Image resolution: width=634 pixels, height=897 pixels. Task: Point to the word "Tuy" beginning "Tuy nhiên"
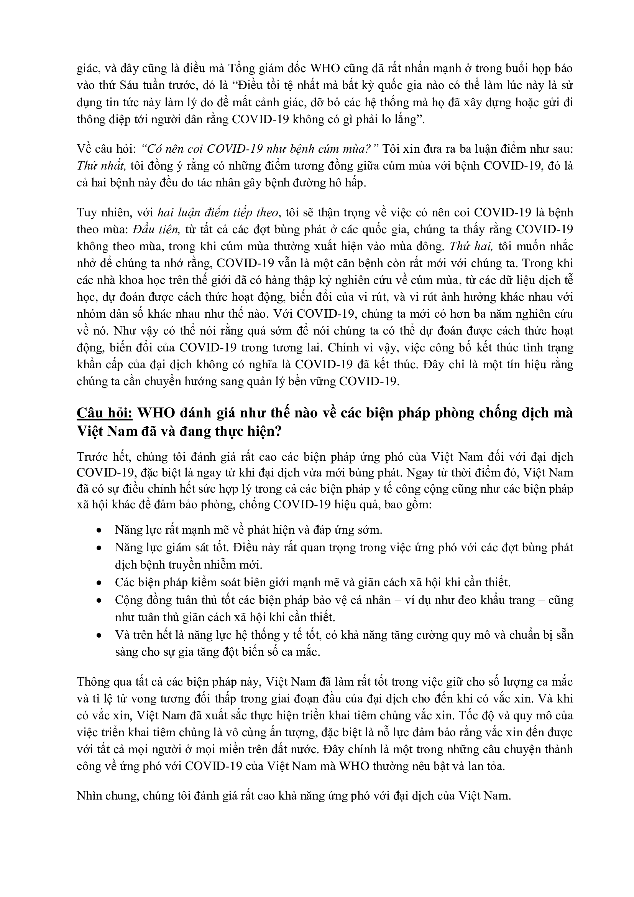tap(86, 213)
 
